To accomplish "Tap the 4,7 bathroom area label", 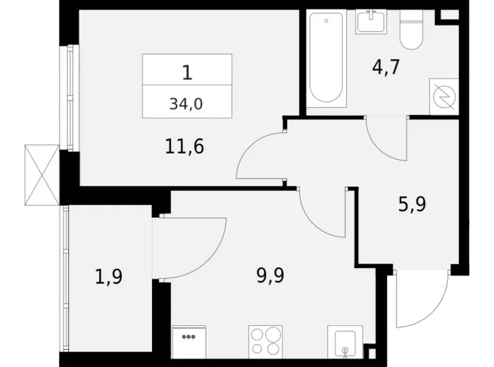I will click(x=386, y=67).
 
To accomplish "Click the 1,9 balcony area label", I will click(x=109, y=276).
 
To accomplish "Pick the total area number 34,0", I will click(x=186, y=104).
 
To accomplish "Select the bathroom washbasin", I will click(x=371, y=23).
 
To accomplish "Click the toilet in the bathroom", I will click(x=412, y=31).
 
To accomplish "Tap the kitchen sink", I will click(x=344, y=342).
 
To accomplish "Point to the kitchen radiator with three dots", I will click(x=187, y=342).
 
